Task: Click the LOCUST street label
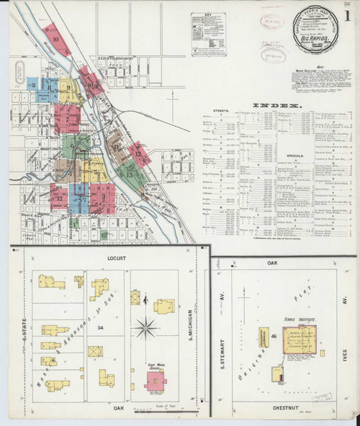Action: click(116, 257)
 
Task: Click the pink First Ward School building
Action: click(156, 379)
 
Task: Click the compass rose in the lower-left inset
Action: click(145, 329)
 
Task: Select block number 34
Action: click(99, 328)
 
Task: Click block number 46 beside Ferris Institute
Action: click(274, 336)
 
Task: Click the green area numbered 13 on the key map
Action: click(130, 173)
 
